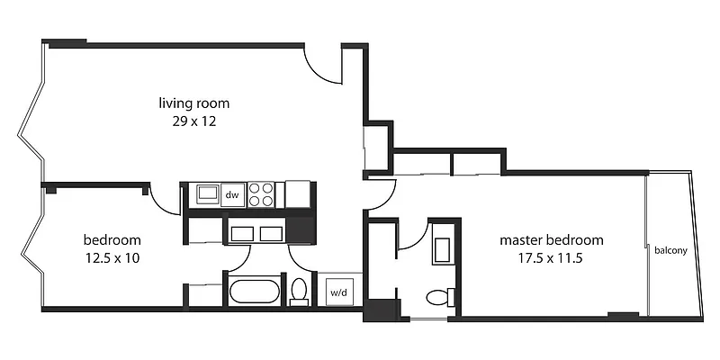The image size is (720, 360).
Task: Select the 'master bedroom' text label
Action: point(552,240)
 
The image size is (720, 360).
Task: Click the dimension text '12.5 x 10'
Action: point(112,257)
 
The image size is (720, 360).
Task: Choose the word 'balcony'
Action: point(671,250)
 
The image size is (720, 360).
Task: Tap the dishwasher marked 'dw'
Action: point(231,193)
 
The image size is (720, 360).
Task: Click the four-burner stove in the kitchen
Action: point(261,193)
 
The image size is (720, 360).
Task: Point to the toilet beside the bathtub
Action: point(300,292)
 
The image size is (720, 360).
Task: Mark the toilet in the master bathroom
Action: point(439,297)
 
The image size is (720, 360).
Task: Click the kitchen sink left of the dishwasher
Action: point(207,193)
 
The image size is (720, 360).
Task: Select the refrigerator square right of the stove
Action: point(297,193)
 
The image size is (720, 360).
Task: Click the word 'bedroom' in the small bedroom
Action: point(112,240)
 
